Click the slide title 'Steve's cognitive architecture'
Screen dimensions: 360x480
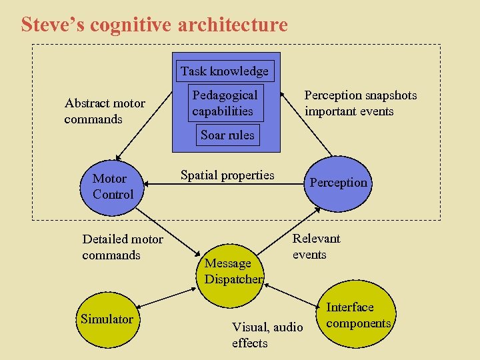(x=154, y=25)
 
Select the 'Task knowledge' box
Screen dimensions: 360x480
(x=224, y=71)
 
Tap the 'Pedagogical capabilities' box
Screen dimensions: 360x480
(x=225, y=103)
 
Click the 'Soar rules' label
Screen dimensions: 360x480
(x=227, y=135)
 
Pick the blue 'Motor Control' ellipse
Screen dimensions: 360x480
(x=113, y=186)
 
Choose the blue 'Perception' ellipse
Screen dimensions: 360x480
(x=338, y=182)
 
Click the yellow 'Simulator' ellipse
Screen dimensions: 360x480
(x=107, y=319)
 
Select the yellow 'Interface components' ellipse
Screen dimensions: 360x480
(x=358, y=315)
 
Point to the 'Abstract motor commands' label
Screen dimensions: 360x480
(x=104, y=111)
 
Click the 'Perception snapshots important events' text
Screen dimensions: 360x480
(x=360, y=103)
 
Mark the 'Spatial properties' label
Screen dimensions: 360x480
(x=227, y=175)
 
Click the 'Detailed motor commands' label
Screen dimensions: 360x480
(x=122, y=247)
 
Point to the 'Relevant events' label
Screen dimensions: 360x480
(x=316, y=246)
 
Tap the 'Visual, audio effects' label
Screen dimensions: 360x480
(x=267, y=335)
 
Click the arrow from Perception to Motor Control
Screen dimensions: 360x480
(x=227, y=184)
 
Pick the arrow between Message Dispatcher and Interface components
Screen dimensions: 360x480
(x=294, y=295)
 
